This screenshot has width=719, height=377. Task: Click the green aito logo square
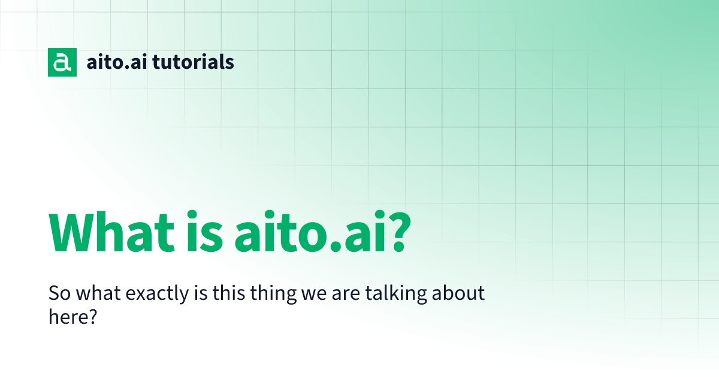pos(62,62)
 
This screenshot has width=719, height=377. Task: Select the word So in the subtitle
pos(58,294)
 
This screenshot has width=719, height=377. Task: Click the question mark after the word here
pos(92,317)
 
